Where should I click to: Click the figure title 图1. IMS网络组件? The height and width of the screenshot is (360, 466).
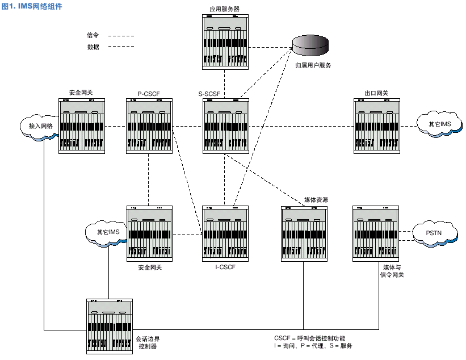pyautogui.click(x=32, y=6)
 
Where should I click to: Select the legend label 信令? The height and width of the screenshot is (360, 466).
pyautogui.click(x=93, y=35)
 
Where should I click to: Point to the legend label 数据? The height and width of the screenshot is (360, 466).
pyautogui.click(x=93, y=47)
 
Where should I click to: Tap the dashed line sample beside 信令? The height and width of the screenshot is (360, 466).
pyautogui.click(x=121, y=36)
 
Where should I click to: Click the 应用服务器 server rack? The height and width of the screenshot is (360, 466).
pyautogui.click(x=225, y=43)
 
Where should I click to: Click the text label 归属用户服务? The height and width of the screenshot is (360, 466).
pyautogui.click(x=313, y=65)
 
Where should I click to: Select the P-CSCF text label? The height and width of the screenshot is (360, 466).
pyautogui.click(x=149, y=93)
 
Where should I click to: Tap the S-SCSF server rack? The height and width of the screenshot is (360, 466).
pyautogui.click(x=225, y=125)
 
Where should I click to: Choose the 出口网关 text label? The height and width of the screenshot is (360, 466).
pyautogui.click(x=376, y=93)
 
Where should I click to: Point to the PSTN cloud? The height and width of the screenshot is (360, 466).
pyautogui.click(x=434, y=232)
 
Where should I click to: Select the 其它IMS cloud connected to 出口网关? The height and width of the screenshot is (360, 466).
pyautogui.click(x=439, y=123)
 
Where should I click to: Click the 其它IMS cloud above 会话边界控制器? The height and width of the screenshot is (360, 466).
pyautogui.click(x=108, y=232)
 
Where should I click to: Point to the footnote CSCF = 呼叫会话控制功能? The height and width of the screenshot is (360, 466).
pyautogui.click(x=309, y=338)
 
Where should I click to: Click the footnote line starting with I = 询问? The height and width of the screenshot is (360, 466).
pyautogui.click(x=313, y=346)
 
